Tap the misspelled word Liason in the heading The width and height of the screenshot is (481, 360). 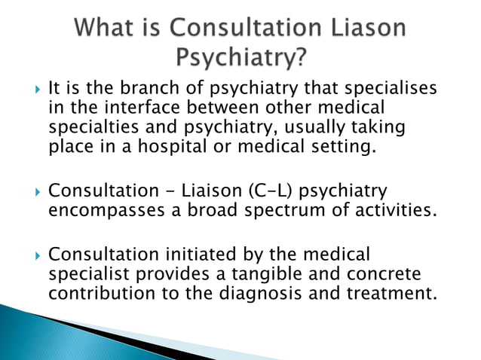coord(366,29)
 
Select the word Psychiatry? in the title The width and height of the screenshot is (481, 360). coord(240,57)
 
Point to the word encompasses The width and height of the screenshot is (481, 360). coord(107,210)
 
